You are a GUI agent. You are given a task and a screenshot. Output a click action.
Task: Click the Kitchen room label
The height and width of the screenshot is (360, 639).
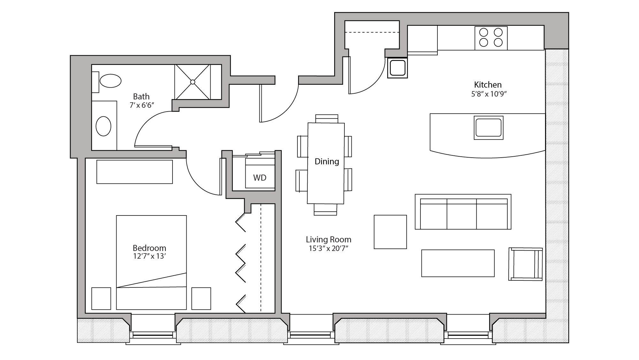click(488, 85)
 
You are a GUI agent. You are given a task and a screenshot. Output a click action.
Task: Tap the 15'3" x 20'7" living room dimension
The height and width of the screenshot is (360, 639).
click(328, 248)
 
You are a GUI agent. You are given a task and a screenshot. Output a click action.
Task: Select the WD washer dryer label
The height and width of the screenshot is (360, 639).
click(259, 178)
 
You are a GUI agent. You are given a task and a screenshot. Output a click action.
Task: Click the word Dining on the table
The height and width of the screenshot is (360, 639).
click(327, 161)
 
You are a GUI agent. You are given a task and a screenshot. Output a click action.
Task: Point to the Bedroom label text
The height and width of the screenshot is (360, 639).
click(149, 248)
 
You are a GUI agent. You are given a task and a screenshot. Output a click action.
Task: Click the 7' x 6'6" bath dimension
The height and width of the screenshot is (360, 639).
click(142, 105)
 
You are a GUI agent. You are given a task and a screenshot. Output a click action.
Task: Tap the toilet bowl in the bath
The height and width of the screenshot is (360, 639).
click(111, 81)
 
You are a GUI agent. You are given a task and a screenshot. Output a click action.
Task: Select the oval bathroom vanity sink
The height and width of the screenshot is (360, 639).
click(104, 126)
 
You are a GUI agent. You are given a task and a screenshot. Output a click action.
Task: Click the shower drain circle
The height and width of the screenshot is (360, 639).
click(193, 82)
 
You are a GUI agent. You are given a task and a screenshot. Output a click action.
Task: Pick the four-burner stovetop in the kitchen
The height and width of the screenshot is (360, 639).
click(491, 38)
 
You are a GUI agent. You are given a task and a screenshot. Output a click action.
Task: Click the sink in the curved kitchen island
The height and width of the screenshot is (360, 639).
click(488, 128)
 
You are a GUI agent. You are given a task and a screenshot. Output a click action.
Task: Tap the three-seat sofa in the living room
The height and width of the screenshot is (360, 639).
click(463, 212)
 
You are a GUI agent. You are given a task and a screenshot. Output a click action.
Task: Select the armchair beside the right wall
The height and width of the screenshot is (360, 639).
click(525, 264)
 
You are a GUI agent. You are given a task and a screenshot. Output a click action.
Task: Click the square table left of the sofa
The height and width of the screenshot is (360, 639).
click(390, 232)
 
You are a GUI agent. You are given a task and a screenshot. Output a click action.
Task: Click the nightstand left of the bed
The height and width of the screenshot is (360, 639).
click(101, 298)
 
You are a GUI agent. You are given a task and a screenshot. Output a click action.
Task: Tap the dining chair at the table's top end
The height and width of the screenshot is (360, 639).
click(327, 119)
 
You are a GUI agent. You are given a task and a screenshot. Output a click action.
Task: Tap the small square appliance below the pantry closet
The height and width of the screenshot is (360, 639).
click(397, 68)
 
